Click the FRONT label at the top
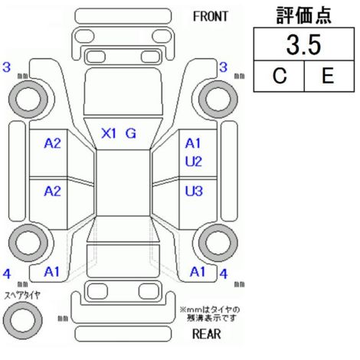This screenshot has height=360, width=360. pos(211,16)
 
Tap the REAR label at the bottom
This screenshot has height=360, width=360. pos(206,334)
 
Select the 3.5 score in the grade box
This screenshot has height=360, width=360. pos(303,45)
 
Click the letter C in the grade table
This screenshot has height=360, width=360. pos(280,76)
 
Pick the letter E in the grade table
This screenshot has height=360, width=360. pos(328,76)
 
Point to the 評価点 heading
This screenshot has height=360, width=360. pos(304,15)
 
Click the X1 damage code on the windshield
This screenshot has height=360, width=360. pos(109,133)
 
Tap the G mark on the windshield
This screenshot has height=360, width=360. pos(130,133)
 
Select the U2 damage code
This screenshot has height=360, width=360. pos(194,162)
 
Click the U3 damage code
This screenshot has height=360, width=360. pos(194,191)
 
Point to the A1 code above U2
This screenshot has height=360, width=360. pos(193,143)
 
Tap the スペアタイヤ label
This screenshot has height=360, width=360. pos(22,296)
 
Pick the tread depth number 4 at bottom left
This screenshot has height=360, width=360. pos(7,274)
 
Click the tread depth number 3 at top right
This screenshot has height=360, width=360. pos(223,67)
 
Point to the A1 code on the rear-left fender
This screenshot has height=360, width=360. pos(51,272)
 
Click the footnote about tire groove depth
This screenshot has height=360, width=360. pos(210,314)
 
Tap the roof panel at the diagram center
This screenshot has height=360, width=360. pos(123,183)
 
